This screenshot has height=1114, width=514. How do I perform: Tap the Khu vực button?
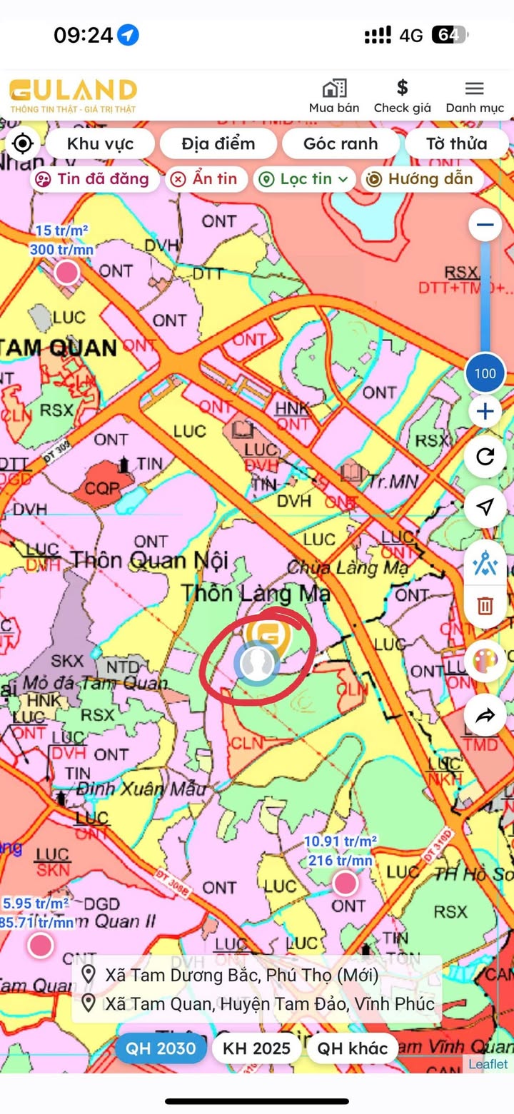pos(100,143)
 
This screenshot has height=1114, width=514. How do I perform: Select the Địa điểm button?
pos(218,143)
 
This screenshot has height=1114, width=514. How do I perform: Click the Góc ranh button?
pos(341,143)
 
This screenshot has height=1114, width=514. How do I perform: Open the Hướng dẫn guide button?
pos(421,179)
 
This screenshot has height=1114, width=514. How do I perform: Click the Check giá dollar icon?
pos(402,88)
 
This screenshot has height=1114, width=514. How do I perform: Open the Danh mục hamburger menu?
pos(475,88)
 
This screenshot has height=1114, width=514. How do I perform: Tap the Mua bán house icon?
pos(334,88)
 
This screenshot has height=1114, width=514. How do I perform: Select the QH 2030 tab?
pos(161,1048)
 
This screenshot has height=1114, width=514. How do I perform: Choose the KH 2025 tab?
pos(257,1048)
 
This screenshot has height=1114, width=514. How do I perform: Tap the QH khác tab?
pos(353,1048)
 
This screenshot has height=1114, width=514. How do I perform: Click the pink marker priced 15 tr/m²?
pos(67,272)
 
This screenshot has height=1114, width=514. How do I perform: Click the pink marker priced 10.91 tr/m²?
pos(346,883)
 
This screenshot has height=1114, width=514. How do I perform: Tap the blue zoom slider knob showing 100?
pos(485,373)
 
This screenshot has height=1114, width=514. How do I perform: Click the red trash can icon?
pos(485,606)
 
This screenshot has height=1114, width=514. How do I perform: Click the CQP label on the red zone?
pos(100,489)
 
